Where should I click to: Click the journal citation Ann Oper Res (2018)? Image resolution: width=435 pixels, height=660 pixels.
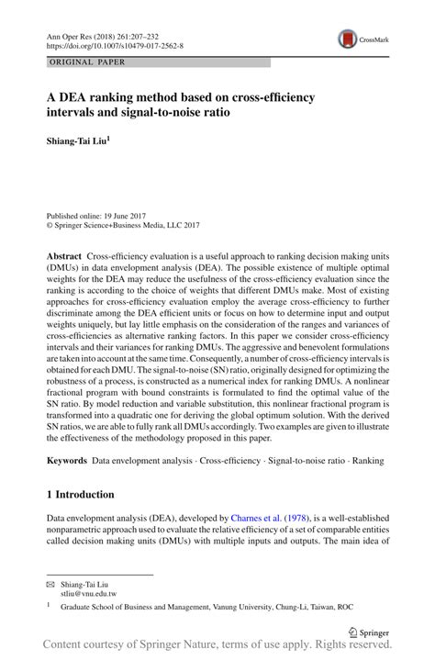pyautogui.click(x=89, y=33)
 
